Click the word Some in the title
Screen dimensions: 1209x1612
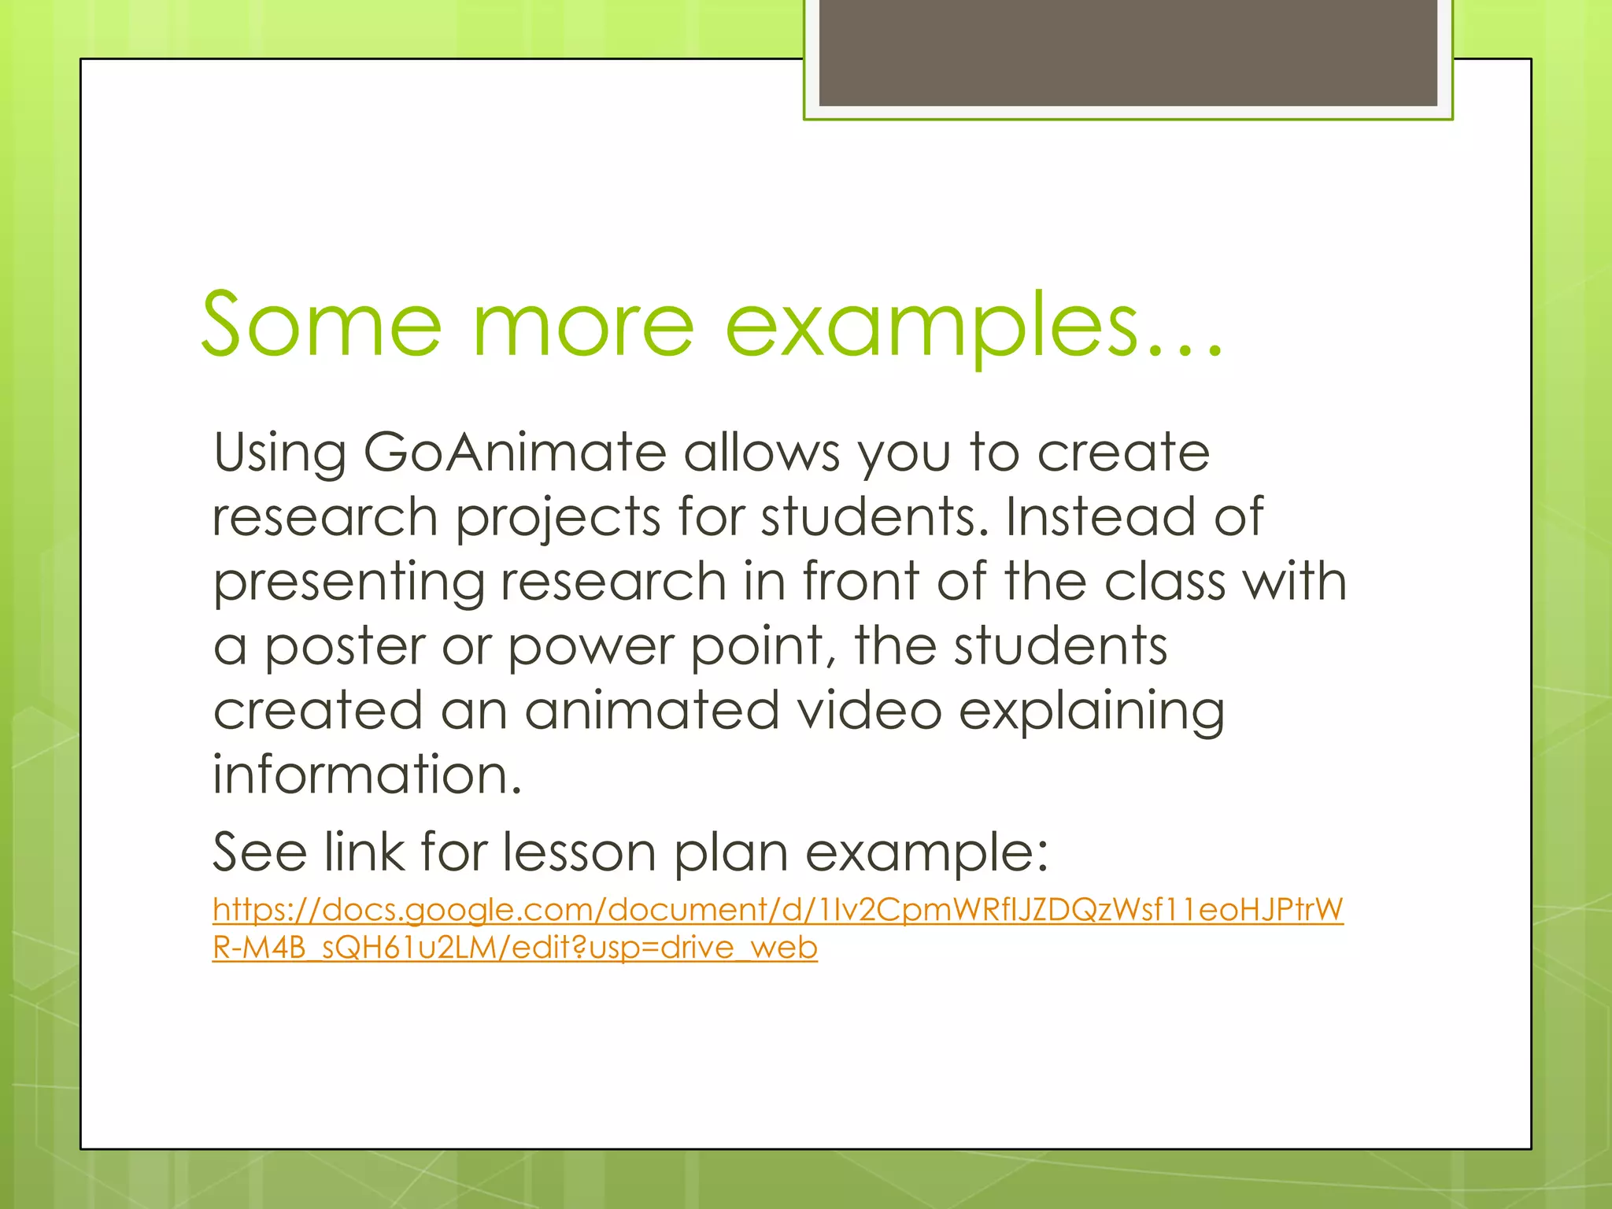(321, 324)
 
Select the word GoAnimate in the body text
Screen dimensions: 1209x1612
(515, 453)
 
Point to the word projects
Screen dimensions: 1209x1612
(558, 519)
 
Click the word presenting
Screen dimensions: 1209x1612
(349, 584)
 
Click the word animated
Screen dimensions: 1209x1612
(653, 711)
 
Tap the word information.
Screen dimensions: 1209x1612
(367, 775)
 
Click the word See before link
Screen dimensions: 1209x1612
(260, 852)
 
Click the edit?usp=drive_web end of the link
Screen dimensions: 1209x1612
(664, 948)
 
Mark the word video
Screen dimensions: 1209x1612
(869, 711)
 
